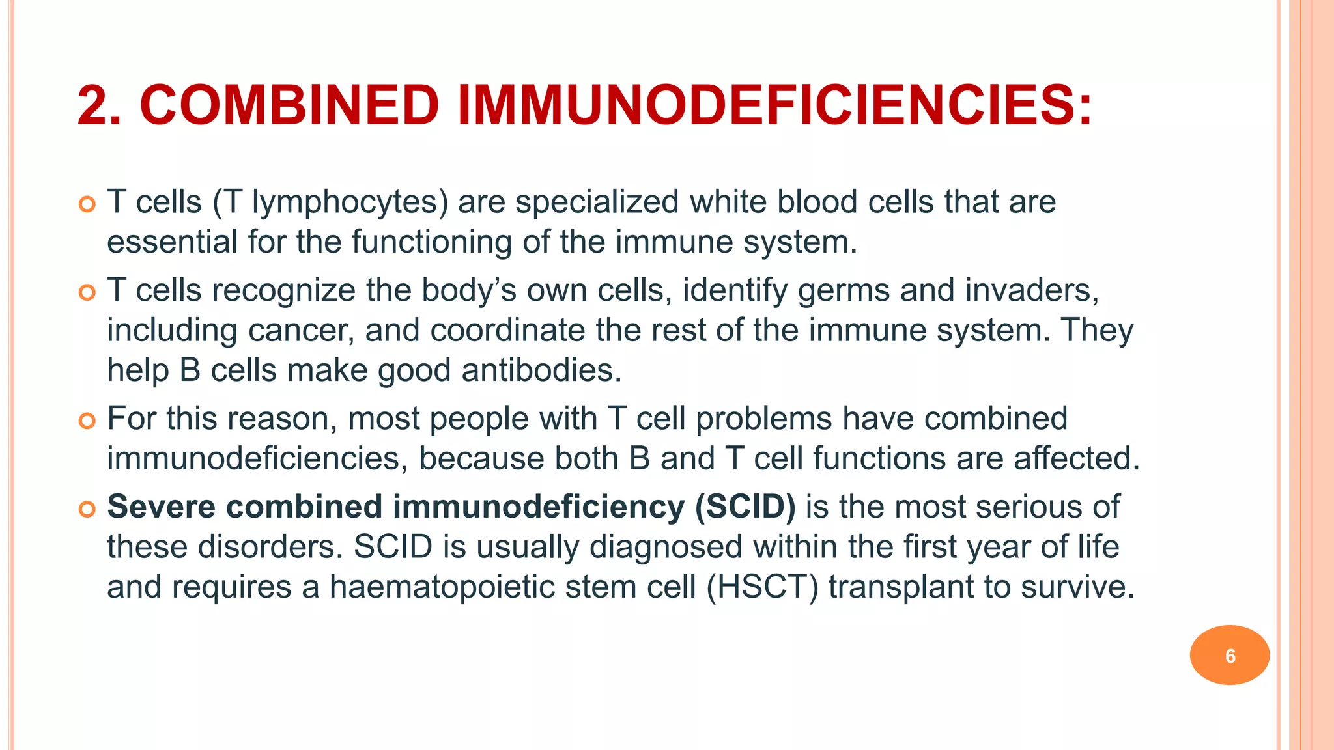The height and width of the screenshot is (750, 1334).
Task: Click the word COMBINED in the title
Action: (289, 105)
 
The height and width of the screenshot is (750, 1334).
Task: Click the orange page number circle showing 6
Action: (1229, 655)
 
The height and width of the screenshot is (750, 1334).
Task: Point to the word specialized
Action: (597, 202)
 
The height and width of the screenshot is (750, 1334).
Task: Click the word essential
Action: (172, 242)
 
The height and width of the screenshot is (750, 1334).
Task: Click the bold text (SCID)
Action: (745, 507)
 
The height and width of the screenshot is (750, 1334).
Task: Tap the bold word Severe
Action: (161, 507)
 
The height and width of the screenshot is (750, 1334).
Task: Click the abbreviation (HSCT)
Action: (762, 587)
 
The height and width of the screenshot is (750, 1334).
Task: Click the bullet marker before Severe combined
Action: (87, 508)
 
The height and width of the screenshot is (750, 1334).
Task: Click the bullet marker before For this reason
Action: (87, 421)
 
